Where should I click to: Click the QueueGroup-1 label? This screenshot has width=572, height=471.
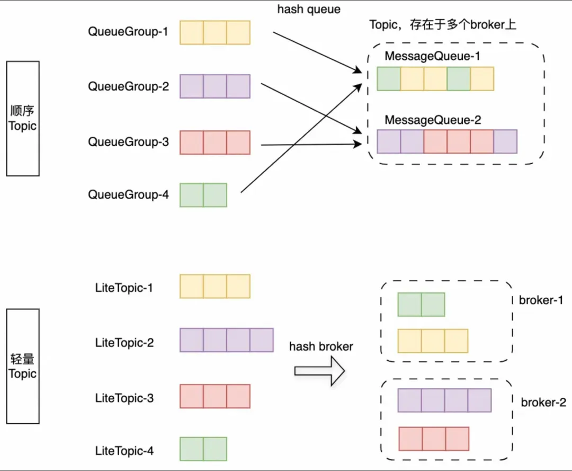click(128, 32)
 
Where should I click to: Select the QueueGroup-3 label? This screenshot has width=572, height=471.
click(128, 142)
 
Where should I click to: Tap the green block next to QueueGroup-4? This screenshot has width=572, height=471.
click(203, 195)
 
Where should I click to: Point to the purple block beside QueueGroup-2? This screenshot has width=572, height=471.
click(215, 86)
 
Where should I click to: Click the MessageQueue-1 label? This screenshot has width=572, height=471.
click(433, 56)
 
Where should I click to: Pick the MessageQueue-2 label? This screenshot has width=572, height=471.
click(433, 120)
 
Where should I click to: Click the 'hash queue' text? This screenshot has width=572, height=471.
click(308, 10)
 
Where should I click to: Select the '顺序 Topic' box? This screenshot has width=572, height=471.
click(23, 119)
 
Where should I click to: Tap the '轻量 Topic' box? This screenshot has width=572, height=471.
click(23, 366)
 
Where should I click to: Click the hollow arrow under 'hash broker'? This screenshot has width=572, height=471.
click(319, 370)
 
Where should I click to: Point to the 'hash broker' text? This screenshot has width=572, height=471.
click(321, 346)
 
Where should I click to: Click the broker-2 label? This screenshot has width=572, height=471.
click(543, 403)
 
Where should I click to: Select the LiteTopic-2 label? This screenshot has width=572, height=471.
click(124, 343)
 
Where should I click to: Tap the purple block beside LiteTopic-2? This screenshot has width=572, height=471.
click(227, 340)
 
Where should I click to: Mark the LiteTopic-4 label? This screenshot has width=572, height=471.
click(124, 451)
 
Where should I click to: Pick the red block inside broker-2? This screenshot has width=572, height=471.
click(434, 438)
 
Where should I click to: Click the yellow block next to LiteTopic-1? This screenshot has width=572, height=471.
click(215, 286)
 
